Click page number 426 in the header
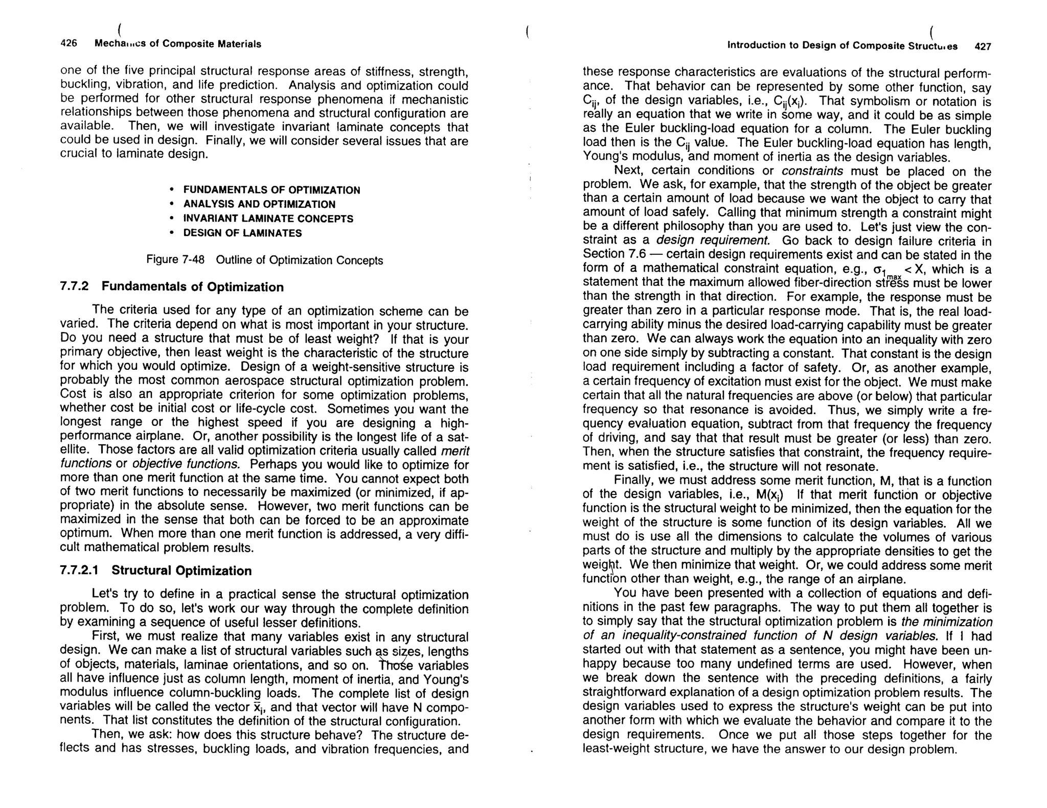coord(69,43)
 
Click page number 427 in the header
coord(983,46)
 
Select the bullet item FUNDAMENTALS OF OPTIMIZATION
coord(271,190)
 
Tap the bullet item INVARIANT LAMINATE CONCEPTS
coord(268,219)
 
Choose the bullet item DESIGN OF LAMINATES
coord(242,233)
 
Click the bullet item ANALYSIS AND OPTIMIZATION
coord(259,204)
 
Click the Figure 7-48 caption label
coord(175,259)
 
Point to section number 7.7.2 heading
coord(74,286)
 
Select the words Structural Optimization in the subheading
coord(181,571)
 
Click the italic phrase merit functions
coord(454,450)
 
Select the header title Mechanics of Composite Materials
coord(177,44)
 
